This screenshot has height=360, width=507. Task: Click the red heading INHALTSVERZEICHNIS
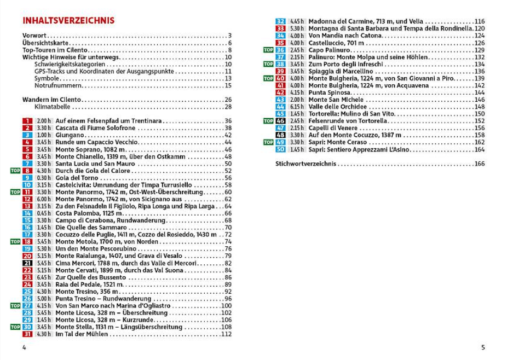(68, 21)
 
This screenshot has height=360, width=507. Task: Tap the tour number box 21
(28, 263)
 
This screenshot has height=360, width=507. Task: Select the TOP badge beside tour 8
(15, 171)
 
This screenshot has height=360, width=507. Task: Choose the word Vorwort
(34, 36)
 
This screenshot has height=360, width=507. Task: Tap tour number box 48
(280, 135)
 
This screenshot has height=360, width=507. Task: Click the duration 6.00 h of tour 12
(44, 199)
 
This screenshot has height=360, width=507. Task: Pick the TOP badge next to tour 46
(268, 121)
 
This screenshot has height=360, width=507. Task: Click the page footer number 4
(24, 347)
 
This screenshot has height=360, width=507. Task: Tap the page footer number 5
(483, 347)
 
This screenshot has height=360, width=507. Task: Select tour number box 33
(280, 28)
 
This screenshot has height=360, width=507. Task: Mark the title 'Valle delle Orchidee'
(339, 107)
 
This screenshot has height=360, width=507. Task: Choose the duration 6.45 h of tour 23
(44, 277)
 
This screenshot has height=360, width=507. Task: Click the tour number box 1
(28, 121)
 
